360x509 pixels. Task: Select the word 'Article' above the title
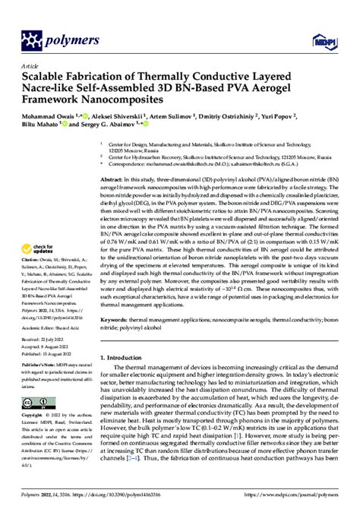[x=31, y=66]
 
